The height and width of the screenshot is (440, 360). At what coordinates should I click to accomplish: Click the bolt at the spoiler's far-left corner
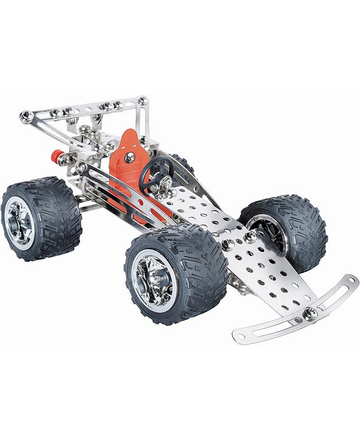[x=26, y=116]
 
